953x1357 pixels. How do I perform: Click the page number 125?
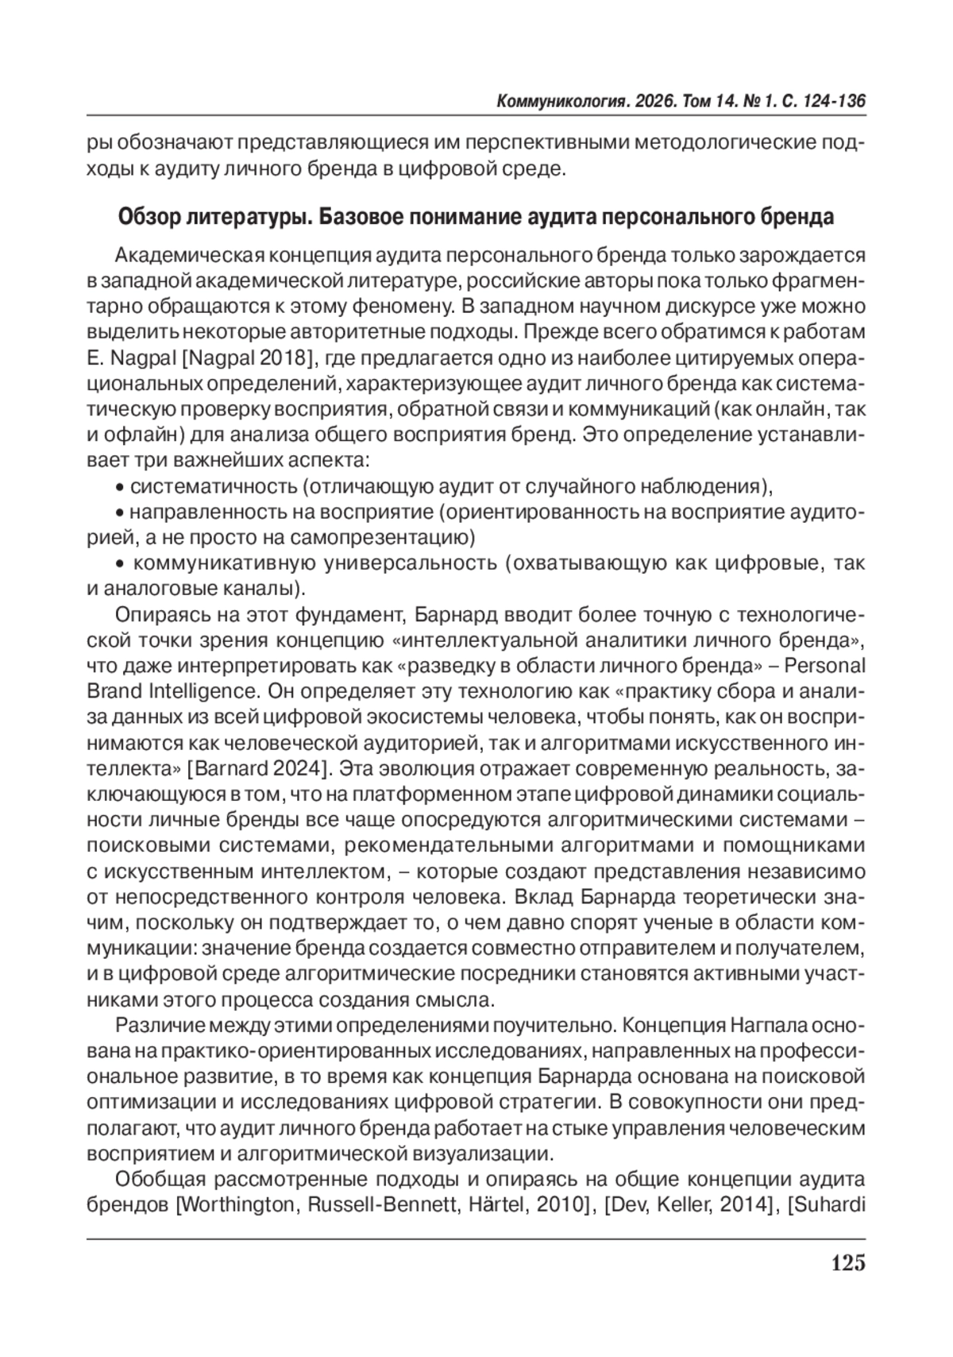click(x=847, y=1262)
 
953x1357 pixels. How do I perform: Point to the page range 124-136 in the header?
click(x=834, y=102)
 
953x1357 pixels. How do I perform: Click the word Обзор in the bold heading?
click(x=145, y=217)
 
